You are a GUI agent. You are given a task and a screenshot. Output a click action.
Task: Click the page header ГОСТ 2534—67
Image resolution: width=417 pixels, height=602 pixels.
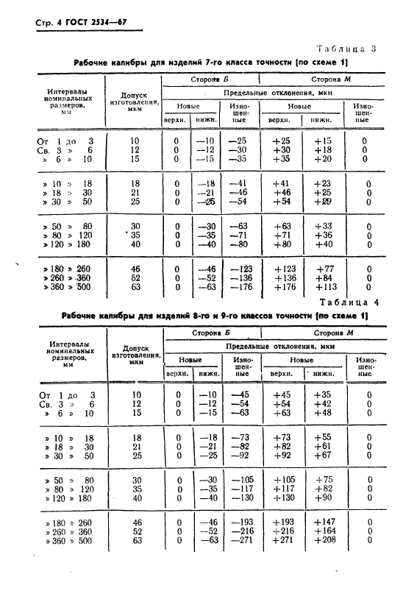[79, 22]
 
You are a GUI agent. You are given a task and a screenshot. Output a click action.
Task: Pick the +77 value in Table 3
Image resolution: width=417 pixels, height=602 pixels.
[324, 269]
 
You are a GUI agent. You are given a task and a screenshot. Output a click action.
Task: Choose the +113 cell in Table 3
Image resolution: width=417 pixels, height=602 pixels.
[323, 288]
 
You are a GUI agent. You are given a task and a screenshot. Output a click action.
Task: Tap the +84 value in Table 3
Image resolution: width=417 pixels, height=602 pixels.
[324, 278]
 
